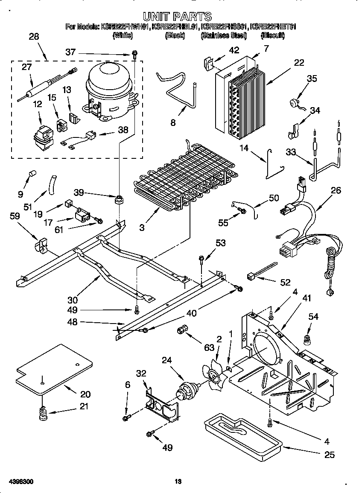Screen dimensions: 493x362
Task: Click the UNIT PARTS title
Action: tap(177, 17)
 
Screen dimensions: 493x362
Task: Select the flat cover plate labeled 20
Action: tap(53, 369)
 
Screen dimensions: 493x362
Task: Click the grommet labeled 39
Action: tap(118, 199)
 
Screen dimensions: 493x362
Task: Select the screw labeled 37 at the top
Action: tap(135, 53)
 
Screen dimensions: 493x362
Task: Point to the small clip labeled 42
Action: tap(208, 64)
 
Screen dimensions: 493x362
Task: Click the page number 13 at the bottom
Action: tap(178, 482)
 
